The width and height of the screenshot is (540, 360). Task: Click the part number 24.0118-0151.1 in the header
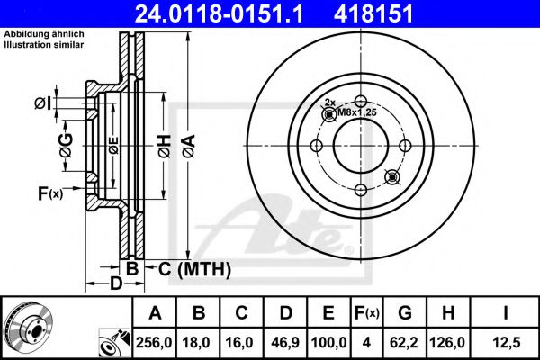point(219,13)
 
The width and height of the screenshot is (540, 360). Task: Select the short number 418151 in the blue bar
point(373,13)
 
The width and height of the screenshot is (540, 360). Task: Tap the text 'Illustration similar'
point(44,45)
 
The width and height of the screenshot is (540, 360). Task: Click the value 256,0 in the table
point(154,342)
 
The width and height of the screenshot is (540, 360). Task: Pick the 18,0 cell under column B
point(196,342)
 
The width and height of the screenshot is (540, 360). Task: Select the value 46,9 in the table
point(285,342)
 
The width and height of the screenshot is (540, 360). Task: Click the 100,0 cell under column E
point(328,342)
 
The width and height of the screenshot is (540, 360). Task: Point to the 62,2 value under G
point(404,342)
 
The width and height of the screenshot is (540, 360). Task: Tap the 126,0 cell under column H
point(447,342)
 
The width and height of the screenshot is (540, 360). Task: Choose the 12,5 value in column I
point(506,342)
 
